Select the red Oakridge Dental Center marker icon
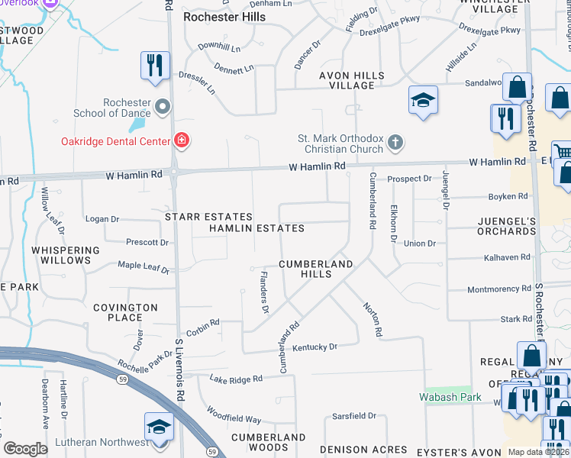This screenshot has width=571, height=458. point(182,140)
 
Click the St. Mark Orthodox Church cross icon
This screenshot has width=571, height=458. point(395,142)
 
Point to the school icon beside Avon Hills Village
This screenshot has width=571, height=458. point(423,101)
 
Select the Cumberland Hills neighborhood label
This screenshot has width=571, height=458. point(315,269)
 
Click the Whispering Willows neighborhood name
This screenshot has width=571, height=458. point(66,255)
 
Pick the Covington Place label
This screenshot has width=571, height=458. point(125,312)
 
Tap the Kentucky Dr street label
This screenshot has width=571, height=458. point(315,347)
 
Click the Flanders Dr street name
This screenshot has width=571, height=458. point(264,292)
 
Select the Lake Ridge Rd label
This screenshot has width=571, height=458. point(236,379)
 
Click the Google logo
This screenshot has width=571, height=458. point(25,448)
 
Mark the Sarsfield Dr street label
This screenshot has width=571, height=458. point(354,416)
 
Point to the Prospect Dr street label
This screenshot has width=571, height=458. point(409,179)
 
